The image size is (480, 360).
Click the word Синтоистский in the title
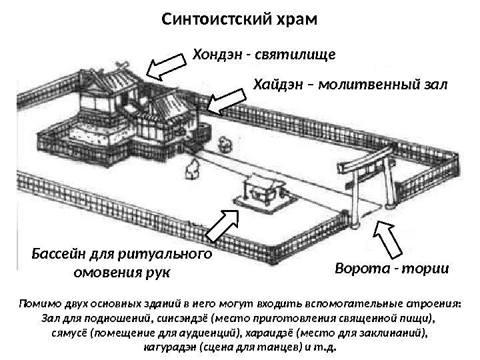pyautogui.click(x=211, y=16)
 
